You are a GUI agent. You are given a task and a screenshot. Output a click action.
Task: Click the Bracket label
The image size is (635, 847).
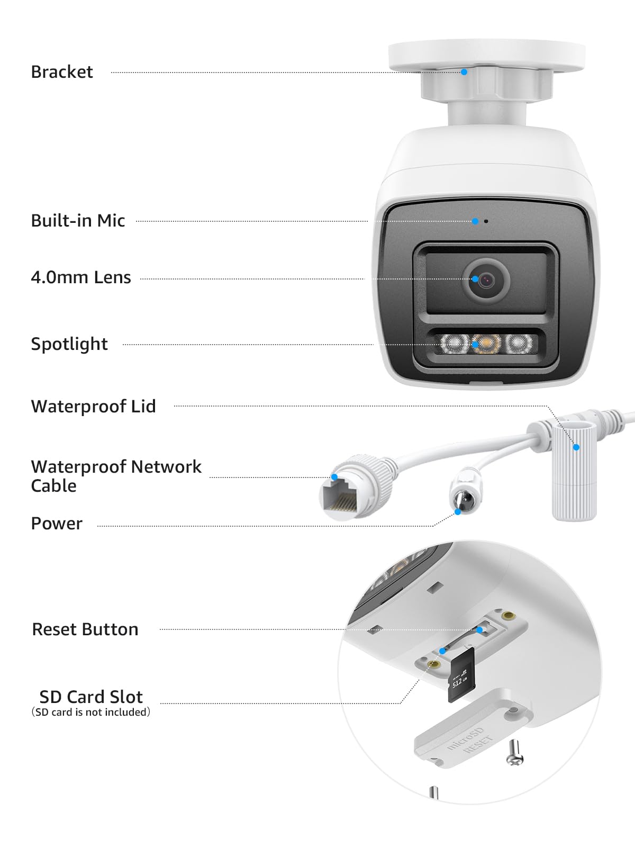(x=62, y=72)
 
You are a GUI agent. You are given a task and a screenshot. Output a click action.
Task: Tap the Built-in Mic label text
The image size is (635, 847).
(x=78, y=221)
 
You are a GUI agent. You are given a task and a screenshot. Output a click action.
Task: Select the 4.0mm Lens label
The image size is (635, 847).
(x=81, y=277)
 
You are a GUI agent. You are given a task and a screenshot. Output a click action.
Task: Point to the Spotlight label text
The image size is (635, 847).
(x=69, y=344)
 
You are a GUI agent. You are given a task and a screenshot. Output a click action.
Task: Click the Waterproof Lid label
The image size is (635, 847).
(x=94, y=407)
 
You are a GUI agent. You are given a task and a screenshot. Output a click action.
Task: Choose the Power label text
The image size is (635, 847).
(x=57, y=524)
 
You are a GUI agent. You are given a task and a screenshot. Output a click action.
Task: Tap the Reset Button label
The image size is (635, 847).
(x=85, y=629)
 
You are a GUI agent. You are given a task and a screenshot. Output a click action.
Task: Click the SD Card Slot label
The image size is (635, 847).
(x=91, y=697)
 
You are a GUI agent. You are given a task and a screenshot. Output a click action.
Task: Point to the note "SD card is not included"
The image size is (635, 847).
(x=91, y=713)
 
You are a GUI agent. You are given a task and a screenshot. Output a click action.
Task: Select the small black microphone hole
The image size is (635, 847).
(x=486, y=221)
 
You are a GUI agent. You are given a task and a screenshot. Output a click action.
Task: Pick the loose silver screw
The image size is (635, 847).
(x=515, y=754)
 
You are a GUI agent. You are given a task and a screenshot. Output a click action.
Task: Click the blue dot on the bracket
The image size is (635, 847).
(x=464, y=72)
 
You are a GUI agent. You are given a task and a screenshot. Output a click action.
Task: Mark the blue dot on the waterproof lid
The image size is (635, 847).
(x=576, y=447)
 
